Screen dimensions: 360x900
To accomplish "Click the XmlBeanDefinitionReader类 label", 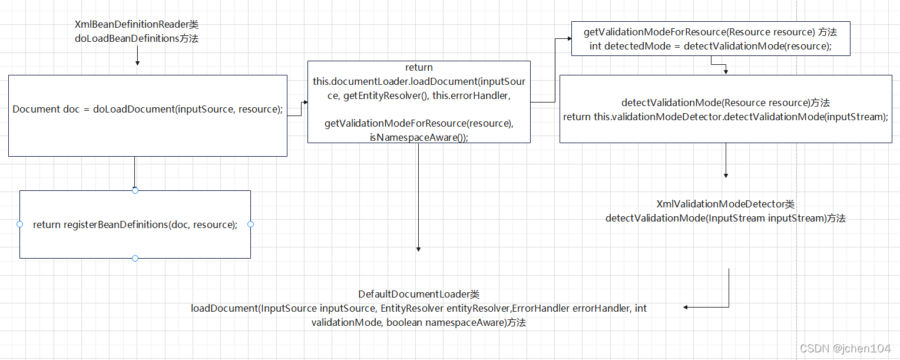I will pos(137,25).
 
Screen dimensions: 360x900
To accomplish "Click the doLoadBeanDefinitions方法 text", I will pos(137,38).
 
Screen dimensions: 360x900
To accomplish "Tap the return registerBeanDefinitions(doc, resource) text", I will pos(135,224).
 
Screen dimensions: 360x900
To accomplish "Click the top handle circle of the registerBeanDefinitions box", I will pos(135,190).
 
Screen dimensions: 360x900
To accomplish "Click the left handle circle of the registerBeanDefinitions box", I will pos(19,224).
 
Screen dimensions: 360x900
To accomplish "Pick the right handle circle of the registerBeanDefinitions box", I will pos(250,224).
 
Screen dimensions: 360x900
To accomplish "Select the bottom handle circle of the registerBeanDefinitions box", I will pos(135,258).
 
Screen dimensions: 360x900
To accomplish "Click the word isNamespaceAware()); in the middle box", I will pos(419,137).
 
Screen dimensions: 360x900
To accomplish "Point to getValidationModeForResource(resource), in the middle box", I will pos(419,123).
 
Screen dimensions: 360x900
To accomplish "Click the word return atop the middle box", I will pos(419,68).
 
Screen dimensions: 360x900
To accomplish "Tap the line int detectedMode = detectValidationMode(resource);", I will pos(710,46).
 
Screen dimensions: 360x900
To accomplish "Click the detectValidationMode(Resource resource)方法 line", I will pos(726,103).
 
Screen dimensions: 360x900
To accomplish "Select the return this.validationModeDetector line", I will pos(726,117).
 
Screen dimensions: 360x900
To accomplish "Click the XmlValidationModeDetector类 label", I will pos(726,204).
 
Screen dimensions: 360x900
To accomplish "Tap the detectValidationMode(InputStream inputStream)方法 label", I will pos(726,218).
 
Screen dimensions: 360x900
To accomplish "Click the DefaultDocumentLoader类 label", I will pos(419,294).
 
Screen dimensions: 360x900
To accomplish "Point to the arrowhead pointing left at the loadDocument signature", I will pos(686,307).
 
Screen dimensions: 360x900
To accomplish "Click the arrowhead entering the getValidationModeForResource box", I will pos(569,38).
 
